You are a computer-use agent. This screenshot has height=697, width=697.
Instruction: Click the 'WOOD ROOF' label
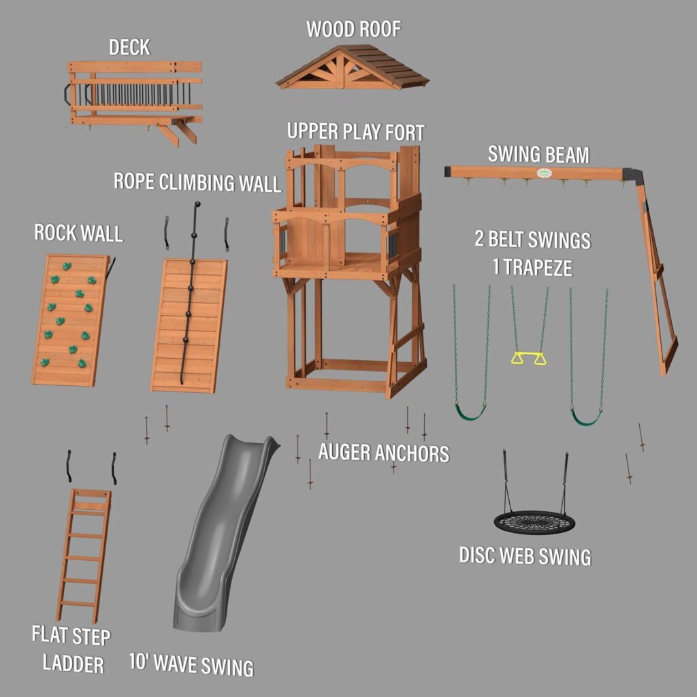pyautogui.click(x=353, y=30)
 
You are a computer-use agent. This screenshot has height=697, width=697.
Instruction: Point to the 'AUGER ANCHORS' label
pyautogui.click(x=384, y=453)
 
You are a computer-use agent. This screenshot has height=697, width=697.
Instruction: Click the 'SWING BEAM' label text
pyautogui.click(x=538, y=155)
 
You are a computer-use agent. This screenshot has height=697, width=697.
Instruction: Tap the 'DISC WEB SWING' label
pyautogui.click(x=525, y=556)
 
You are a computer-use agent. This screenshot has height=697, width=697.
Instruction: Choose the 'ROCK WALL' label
pyautogui.click(x=78, y=233)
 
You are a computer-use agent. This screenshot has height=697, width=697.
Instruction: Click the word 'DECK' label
pyautogui.click(x=129, y=47)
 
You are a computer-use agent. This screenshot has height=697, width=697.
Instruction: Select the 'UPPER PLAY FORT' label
pyautogui.click(x=355, y=131)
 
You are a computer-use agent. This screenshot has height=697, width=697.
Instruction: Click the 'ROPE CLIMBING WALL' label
pyautogui.click(x=197, y=182)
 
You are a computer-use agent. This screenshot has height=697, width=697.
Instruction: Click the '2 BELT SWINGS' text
pyautogui.click(x=532, y=240)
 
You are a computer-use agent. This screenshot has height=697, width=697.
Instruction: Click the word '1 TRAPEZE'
pyautogui.click(x=532, y=268)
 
